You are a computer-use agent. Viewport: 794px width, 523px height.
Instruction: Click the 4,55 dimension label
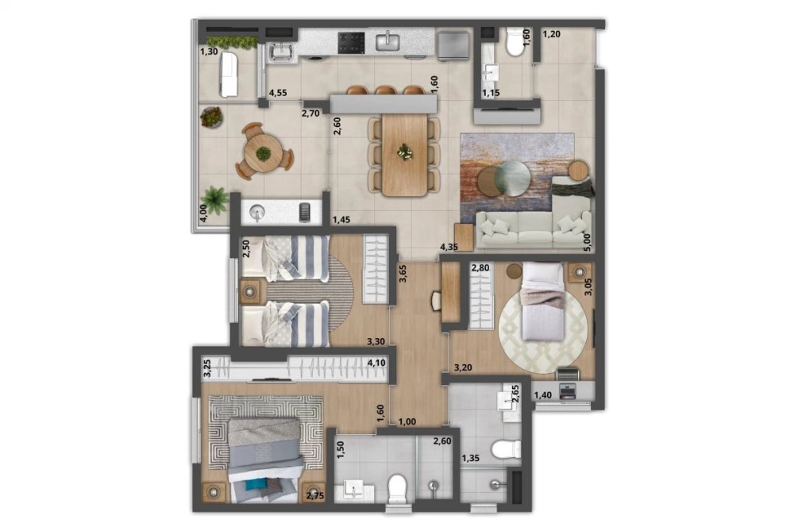pyautogui.click(x=278, y=93)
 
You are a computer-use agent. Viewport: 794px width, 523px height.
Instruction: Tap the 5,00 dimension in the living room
pyautogui.click(x=588, y=243)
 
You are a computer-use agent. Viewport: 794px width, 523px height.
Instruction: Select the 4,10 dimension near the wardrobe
pyautogui.click(x=376, y=363)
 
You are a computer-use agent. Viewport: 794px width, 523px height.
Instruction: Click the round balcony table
pyautogui.click(x=264, y=153)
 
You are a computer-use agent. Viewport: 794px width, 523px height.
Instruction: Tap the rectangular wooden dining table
pyautogui.click(x=405, y=155)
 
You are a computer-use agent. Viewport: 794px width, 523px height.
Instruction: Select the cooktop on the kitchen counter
pyautogui.click(x=351, y=43)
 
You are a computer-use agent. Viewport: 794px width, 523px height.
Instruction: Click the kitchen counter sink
pyautogui.click(x=388, y=40)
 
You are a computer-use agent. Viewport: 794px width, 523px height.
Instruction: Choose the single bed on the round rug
pyautogui.click(x=543, y=302)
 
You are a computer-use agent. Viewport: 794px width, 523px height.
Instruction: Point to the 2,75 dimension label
pyautogui.click(x=315, y=496)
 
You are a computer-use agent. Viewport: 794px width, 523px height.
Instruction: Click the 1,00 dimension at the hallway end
pyautogui.click(x=407, y=421)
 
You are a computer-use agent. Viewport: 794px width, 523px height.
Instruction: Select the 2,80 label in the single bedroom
pyautogui.click(x=480, y=267)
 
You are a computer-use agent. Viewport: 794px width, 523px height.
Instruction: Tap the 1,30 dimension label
pyautogui.click(x=209, y=51)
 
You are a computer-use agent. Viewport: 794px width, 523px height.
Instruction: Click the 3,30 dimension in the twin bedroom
pyautogui.click(x=376, y=342)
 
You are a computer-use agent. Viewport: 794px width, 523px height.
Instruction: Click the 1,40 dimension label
pyautogui.click(x=543, y=395)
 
